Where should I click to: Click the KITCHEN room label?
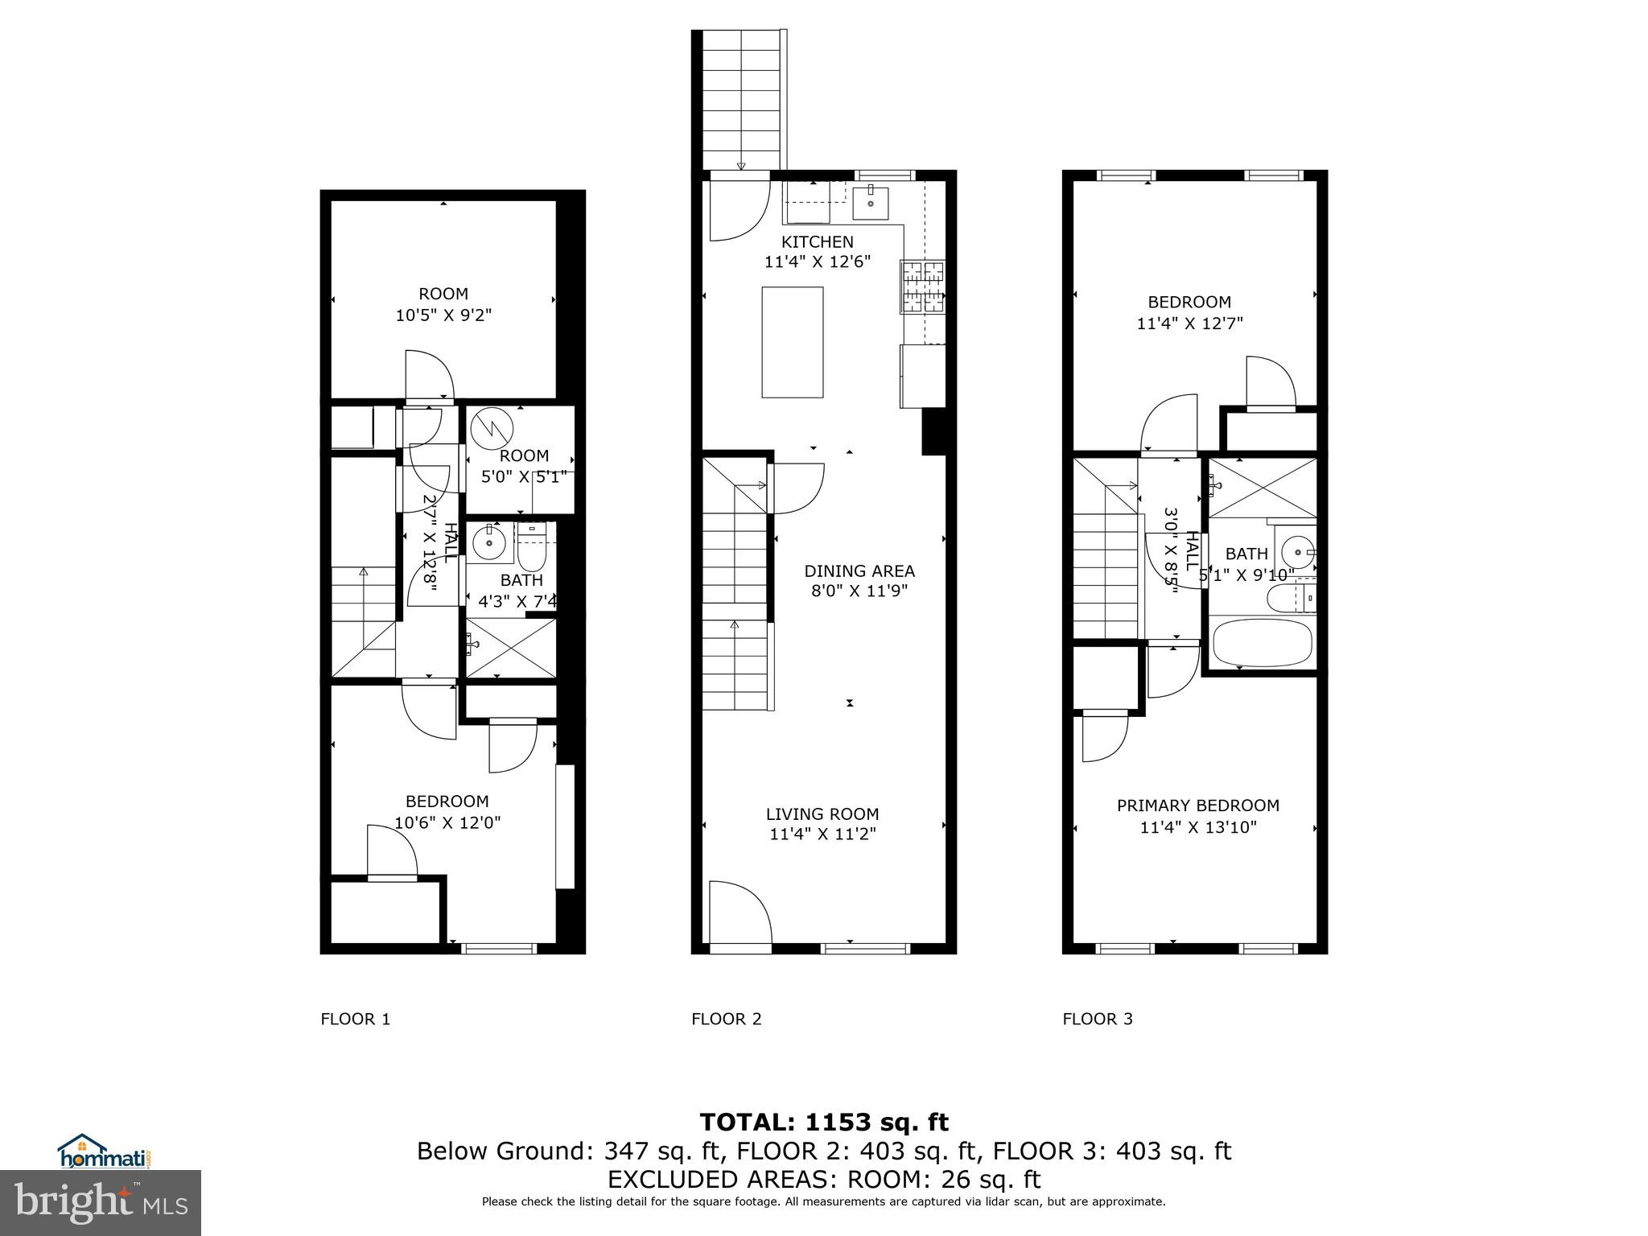(818, 241)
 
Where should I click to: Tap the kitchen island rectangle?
(793, 342)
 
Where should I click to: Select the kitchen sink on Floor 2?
(871, 203)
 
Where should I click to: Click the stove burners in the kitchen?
(923, 287)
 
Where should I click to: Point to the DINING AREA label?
(859, 571)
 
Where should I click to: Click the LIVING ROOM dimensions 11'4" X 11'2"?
(822, 834)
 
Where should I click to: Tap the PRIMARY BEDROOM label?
(1197, 805)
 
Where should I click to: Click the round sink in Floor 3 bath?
(1296, 552)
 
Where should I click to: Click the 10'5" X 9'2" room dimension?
(443, 315)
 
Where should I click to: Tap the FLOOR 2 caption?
(726, 1019)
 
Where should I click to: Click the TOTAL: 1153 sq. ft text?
(823, 1122)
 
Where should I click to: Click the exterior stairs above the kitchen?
(742, 101)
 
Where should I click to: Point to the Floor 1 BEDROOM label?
(447, 801)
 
